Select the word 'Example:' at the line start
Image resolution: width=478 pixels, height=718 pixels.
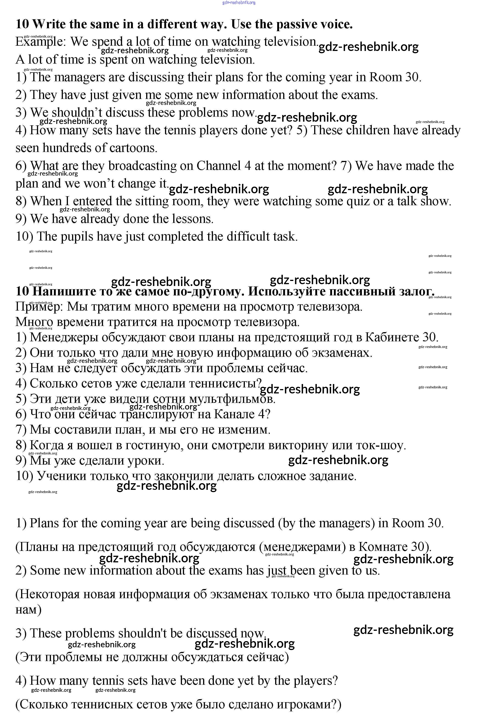40,42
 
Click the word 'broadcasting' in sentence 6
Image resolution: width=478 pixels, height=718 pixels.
142,166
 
